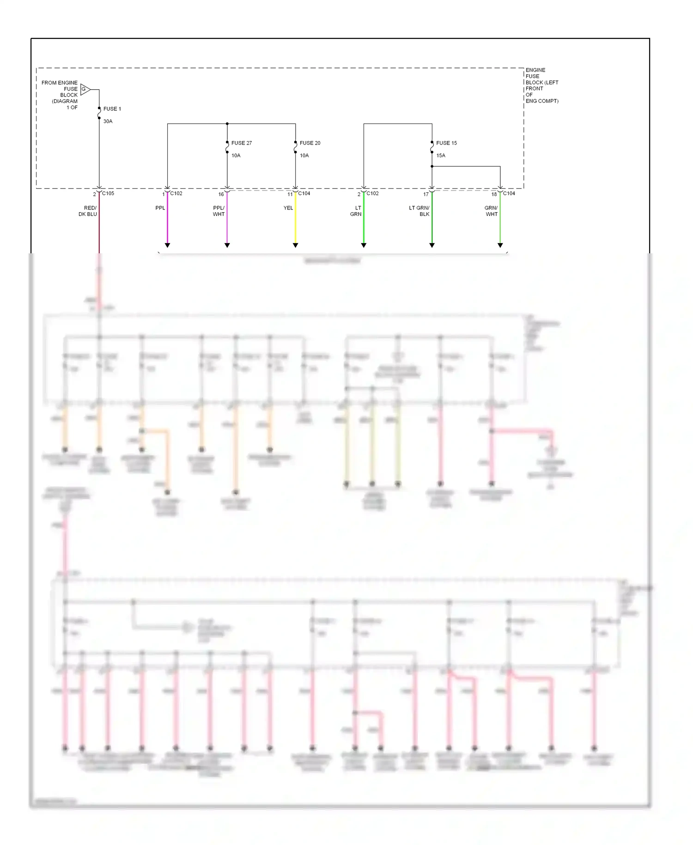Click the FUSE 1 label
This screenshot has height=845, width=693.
(x=112, y=109)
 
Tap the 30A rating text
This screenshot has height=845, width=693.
(x=108, y=122)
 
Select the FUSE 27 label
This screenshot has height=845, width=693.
(x=241, y=143)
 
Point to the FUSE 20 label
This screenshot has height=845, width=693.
(x=310, y=143)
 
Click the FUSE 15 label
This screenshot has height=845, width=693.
(x=446, y=143)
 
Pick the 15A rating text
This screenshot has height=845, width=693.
(x=441, y=156)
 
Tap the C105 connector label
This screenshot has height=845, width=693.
(x=108, y=194)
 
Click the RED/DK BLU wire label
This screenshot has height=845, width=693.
(x=88, y=211)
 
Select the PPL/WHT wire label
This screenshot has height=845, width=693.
(x=219, y=211)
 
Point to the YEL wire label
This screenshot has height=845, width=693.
(x=288, y=208)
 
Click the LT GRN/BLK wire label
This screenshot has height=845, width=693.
(x=419, y=211)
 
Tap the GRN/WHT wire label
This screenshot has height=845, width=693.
(x=491, y=211)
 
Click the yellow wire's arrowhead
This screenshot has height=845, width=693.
(x=295, y=245)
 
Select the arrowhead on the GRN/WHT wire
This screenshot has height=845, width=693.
(x=500, y=245)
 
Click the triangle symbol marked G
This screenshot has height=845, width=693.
(x=85, y=89)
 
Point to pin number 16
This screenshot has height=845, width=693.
(x=221, y=195)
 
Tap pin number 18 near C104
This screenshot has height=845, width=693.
(x=494, y=195)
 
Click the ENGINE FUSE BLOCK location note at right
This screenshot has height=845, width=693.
(x=541, y=86)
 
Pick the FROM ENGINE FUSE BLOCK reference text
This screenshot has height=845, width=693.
(x=60, y=95)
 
